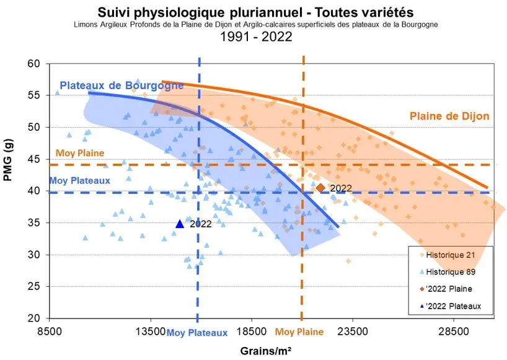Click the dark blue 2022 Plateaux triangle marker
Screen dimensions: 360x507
coord(180,224)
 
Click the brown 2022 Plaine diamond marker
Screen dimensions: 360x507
coord(320,188)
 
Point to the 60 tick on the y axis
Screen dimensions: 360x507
coord(33,64)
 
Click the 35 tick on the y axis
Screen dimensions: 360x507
coord(33,223)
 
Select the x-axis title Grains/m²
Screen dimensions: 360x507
coord(267,351)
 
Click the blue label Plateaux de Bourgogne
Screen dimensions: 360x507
coord(121,86)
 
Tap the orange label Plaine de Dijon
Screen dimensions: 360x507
coord(449,116)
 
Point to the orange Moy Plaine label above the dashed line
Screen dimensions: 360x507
coord(79,154)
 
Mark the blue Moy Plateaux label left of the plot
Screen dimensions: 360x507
coord(79,181)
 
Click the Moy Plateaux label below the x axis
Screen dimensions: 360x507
coord(197,332)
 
